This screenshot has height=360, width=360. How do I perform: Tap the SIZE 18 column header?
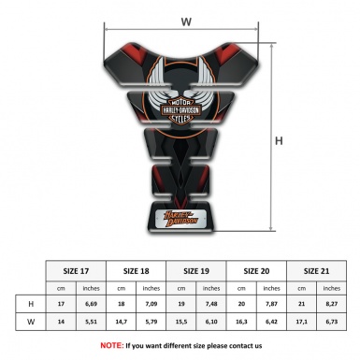click(x=137, y=269)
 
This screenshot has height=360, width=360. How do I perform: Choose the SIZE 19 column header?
click(x=198, y=269)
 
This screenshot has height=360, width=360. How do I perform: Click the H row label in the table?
click(x=31, y=304)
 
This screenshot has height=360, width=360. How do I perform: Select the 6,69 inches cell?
click(x=91, y=304)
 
